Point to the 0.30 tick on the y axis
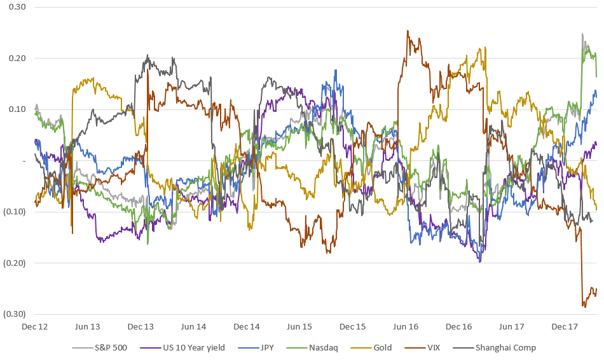point(15,7)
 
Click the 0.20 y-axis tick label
point(15,58)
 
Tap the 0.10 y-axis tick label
point(15,109)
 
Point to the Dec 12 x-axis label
point(35,326)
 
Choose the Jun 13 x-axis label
point(88,326)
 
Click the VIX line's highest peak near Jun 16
point(408,31)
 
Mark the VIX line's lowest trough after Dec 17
point(584,307)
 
